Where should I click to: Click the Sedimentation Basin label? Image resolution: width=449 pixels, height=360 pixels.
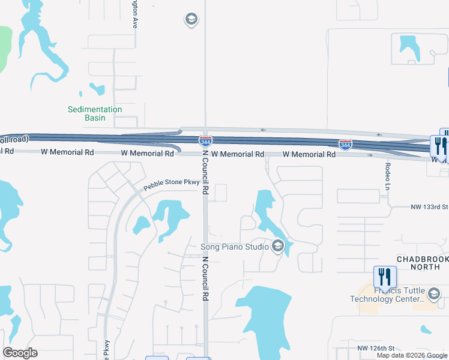point(95,113)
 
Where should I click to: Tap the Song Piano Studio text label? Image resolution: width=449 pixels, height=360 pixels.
point(234,246)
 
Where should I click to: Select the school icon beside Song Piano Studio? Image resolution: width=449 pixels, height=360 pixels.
point(278,245)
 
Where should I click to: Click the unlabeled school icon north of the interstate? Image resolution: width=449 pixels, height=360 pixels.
point(191,20)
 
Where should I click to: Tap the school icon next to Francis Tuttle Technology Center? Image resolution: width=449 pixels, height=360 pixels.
point(434,293)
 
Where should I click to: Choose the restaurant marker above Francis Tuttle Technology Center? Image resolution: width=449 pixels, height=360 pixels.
point(385,277)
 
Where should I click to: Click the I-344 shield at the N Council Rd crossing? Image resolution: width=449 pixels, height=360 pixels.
point(205,141)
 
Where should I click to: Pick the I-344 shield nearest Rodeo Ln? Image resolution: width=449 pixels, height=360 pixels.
point(345,145)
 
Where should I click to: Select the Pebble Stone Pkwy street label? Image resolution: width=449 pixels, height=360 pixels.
point(171,182)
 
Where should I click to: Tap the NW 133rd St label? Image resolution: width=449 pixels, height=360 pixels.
point(430,207)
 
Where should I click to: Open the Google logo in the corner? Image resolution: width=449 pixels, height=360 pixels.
point(20,353)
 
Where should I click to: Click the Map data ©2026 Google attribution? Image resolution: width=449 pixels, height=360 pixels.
point(412,355)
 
